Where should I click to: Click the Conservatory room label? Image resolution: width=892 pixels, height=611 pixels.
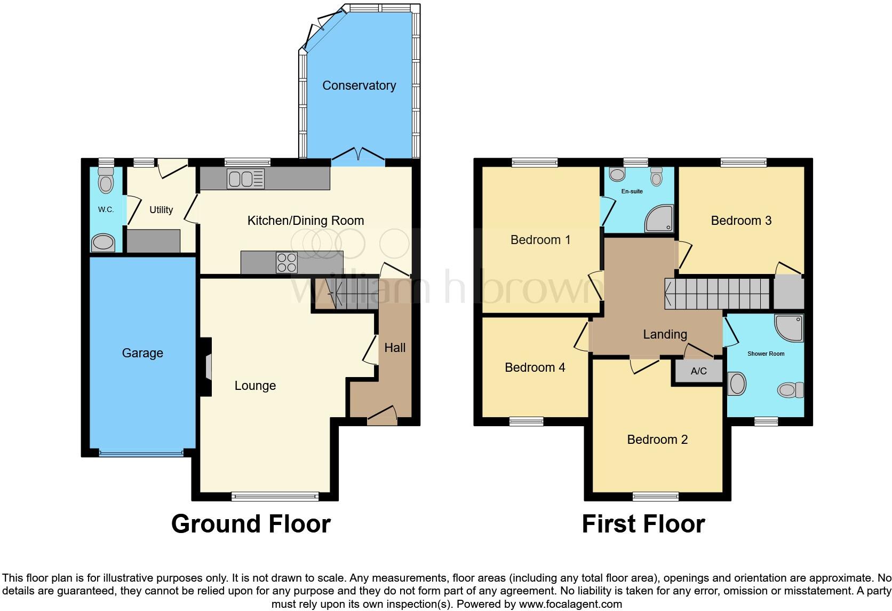point(359,85)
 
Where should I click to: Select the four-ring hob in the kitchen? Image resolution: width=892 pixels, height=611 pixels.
point(286,262)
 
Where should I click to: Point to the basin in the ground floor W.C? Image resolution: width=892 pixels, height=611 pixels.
point(103,243)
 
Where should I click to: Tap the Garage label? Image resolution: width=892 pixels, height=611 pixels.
point(142,353)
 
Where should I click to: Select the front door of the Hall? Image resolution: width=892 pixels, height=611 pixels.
point(383,415)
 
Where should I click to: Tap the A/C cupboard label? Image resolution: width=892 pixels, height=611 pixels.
point(698,371)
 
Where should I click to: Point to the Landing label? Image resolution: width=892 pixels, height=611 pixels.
point(665,334)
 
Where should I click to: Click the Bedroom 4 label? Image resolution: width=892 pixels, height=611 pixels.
point(535,367)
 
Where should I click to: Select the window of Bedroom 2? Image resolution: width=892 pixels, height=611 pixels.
point(656,497)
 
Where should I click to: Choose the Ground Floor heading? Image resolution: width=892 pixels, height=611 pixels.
point(251,524)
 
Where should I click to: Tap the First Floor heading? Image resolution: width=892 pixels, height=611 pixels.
point(643,524)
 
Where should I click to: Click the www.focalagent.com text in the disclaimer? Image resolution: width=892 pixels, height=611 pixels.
point(570,605)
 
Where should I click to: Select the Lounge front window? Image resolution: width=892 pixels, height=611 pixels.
point(275,497)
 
